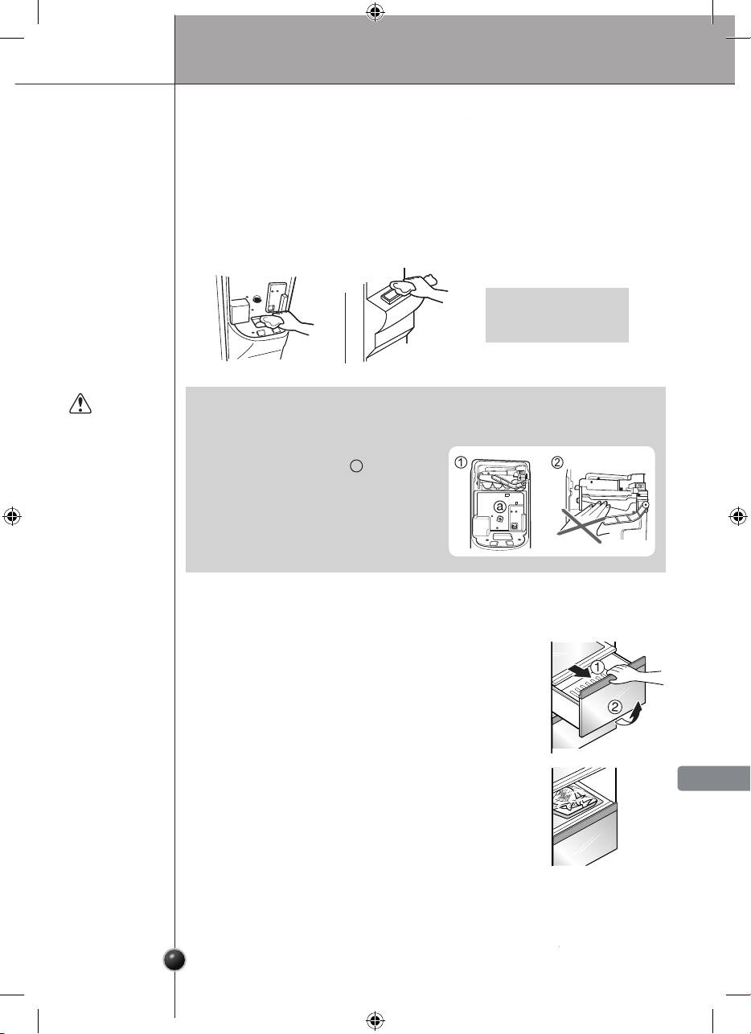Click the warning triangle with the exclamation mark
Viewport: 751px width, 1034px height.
80,404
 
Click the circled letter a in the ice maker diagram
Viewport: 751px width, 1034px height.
500,507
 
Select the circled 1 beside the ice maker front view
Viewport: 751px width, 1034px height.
461,462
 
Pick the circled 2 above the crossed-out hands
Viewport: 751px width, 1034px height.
557,462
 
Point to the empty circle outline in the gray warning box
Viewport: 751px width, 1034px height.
356,466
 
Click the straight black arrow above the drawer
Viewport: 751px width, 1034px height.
579,671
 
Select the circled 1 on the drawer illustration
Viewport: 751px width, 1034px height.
597,667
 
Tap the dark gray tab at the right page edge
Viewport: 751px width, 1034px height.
714,778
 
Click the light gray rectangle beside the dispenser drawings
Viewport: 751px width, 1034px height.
557,315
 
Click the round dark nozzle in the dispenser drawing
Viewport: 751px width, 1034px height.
257,299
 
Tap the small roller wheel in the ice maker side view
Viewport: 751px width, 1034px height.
646,506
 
